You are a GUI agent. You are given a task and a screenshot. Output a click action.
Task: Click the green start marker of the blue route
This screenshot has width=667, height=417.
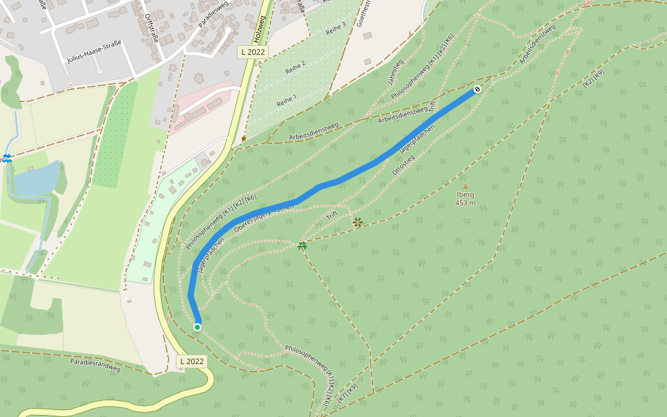[x=197, y=327]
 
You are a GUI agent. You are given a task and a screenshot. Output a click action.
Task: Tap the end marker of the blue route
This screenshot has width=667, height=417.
[x=478, y=89]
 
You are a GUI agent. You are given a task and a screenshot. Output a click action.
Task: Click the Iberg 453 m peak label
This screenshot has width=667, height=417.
[x=466, y=199]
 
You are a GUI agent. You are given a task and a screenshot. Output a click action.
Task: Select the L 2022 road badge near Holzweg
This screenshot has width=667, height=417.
[x=253, y=52]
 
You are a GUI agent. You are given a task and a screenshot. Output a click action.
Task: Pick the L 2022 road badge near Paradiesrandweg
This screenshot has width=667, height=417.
[x=192, y=361]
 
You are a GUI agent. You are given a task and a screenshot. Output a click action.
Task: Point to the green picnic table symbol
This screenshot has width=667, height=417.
[x=302, y=245]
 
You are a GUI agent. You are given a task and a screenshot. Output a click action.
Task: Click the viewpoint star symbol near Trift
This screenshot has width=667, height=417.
[x=358, y=222]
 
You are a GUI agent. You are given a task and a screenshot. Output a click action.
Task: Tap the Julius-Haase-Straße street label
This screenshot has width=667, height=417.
[x=94, y=51]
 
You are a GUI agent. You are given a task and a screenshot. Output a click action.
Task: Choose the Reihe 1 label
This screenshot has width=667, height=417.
[x=286, y=100]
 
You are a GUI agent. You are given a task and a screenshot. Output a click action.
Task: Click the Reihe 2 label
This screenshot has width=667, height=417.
[x=295, y=67]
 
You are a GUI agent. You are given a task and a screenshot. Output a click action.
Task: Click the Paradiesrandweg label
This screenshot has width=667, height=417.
[x=95, y=365]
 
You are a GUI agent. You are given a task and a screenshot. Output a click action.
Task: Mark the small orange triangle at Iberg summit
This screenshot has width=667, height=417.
[x=466, y=186]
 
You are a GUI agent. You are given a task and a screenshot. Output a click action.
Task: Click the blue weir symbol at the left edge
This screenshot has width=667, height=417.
[x=6, y=158]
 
